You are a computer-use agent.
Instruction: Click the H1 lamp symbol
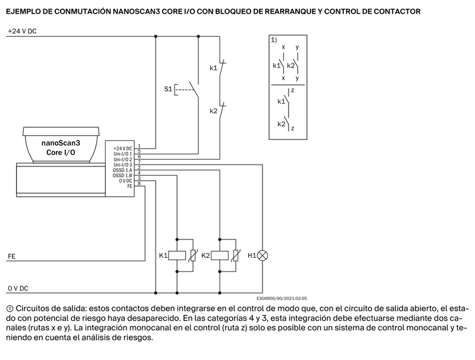point(262,256)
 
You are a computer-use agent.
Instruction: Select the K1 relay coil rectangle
point(177,256)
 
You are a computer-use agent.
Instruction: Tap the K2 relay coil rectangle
point(220,256)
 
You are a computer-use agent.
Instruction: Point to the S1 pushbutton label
point(168,89)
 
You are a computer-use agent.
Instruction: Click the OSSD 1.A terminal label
point(122,170)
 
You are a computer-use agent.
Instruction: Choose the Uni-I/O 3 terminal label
point(123,165)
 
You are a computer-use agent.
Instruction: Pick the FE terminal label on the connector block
point(129,186)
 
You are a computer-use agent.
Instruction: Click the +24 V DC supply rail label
point(22,31)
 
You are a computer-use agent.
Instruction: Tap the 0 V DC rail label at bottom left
point(18,289)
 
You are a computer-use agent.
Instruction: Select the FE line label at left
point(11,257)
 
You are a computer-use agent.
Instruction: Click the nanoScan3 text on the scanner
point(61,143)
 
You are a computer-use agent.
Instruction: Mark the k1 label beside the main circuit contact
point(214,68)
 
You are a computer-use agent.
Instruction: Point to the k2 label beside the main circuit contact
point(214,111)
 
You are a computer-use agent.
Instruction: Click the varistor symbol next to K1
point(193,255)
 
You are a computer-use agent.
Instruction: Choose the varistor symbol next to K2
point(236,255)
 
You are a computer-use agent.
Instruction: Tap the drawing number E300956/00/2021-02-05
point(281,298)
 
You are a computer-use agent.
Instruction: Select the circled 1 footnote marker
point(9,309)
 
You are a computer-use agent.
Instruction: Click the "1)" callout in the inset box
point(274,40)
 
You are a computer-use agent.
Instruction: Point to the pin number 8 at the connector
point(140,184)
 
